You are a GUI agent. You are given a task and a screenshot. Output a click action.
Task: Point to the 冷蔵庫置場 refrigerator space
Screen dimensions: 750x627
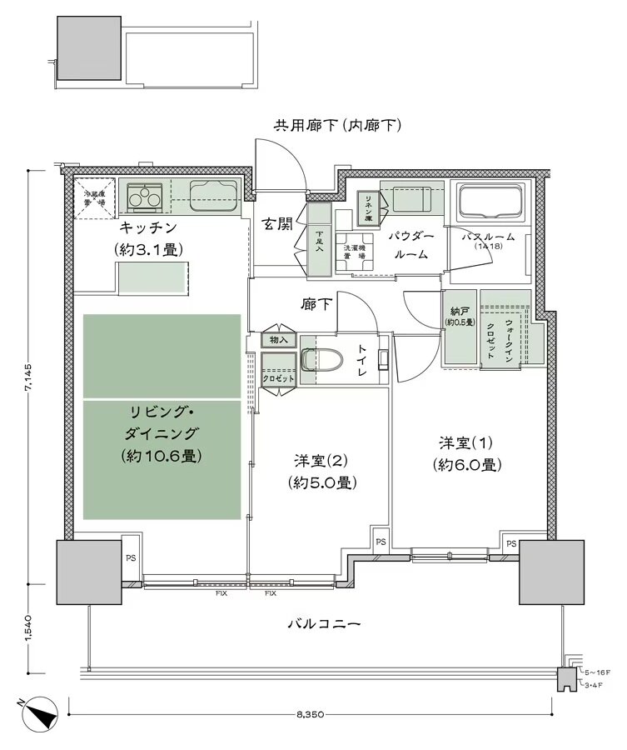(94, 198)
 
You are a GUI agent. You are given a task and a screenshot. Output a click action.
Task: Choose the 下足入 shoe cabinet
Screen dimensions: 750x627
(318, 242)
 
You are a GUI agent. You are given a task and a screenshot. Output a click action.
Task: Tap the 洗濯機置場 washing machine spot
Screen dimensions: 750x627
(355, 249)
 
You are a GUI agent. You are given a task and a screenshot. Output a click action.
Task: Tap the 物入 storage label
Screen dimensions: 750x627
(279, 340)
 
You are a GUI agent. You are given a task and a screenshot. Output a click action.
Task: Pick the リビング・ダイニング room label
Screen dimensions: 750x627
(162, 433)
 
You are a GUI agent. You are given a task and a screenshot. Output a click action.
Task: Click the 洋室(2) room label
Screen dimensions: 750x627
(321, 471)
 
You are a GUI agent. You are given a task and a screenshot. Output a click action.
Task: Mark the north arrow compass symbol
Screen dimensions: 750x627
(40, 715)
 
